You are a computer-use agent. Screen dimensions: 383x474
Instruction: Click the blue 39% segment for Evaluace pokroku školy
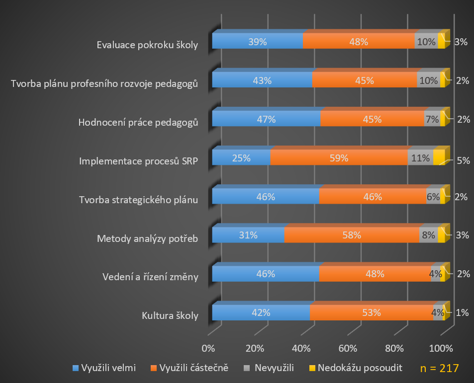coord(257,42)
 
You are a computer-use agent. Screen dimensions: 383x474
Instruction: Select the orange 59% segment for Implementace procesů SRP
coord(339,158)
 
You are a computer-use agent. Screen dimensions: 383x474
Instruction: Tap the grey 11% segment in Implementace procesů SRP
coord(421,158)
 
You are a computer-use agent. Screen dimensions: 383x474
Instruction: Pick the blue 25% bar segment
coord(241,158)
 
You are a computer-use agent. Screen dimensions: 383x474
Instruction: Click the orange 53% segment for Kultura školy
coord(372,312)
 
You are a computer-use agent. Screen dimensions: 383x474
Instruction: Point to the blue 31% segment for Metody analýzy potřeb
coord(248,235)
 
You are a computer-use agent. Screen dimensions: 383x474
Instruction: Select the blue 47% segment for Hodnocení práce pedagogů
coord(266,119)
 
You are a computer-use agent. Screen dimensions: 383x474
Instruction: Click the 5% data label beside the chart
coord(463,160)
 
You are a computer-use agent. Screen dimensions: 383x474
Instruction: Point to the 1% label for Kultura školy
coord(462,313)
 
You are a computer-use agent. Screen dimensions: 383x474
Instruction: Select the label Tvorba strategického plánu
coord(139,200)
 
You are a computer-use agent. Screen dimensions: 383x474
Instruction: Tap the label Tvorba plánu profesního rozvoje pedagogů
coord(105,83)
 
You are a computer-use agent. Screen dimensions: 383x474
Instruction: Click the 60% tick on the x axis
coord(348,348)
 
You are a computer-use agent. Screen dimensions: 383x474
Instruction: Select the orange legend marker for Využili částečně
coord(154,369)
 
